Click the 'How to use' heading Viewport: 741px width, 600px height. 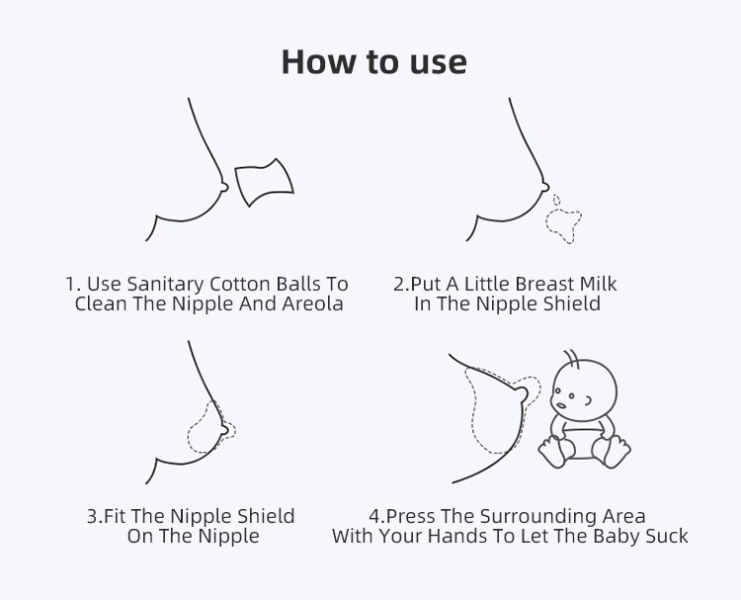(x=373, y=62)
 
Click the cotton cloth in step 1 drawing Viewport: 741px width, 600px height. (x=264, y=183)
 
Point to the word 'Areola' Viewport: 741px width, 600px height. (x=312, y=303)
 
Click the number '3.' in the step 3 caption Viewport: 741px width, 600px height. (x=95, y=516)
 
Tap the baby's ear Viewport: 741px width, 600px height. (x=588, y=401)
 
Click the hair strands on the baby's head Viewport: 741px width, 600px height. (x=572, y=359)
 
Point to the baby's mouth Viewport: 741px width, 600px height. (x=561, y=405)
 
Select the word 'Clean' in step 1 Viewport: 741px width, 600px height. (x=101, y=303)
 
